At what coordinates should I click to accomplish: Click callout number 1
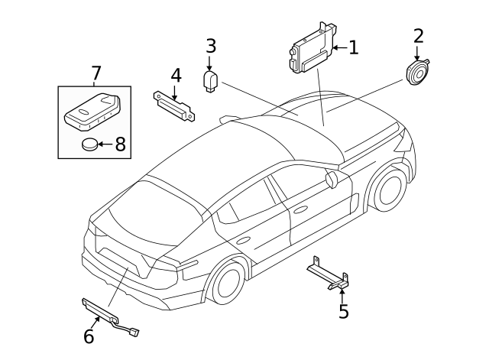point(352,47)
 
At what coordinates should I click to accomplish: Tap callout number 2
point(418,35)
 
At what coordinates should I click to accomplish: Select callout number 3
point(211,45)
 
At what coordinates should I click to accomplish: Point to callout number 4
point(176,76)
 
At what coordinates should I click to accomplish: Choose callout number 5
point(343,311)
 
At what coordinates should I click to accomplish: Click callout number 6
point(89,336)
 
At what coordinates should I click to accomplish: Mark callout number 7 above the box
point(96,73)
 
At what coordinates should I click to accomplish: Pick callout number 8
point(119,144)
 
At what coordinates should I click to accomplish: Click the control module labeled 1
point(310,50)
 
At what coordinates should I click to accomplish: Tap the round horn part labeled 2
point(417,75)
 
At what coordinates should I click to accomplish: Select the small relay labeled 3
point(211,81)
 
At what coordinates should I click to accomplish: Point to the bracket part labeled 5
point(329,274)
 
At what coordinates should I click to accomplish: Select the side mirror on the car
point(332,179)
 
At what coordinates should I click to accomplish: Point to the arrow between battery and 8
point(107,144)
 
